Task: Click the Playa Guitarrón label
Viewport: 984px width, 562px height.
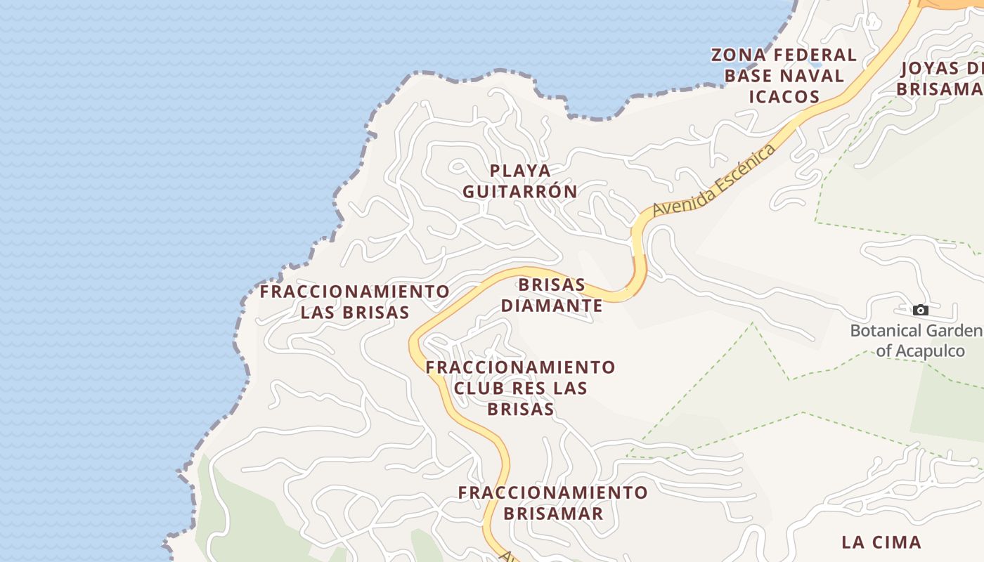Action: pyautogui.click(x=520, y=181)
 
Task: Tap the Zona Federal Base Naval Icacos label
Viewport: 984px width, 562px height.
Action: pyautogui.click(x=784, y=75)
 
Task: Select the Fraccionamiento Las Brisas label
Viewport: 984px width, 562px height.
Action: pyautogui.click(x=355, y=301)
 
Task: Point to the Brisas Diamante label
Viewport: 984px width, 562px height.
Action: pyautogui.click(x=552, y=295)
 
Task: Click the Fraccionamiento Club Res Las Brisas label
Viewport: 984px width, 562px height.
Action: pyautogui.click(x=520, y=388)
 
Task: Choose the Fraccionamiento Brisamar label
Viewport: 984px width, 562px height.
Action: pyautogui.click(x=552, y=502)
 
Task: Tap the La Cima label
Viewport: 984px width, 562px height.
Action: pyautogui.click(x=881, y=542)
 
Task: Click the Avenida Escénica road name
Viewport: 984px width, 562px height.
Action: pyautogui.click(x=714, y=180)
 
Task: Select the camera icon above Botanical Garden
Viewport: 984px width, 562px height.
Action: pyautogui.click(x=920, y=310)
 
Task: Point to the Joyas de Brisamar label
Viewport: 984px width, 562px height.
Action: pyautogui.click(x=942, y=79)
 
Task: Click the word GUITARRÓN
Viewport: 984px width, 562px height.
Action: pyautogui.click(x=520, y=191)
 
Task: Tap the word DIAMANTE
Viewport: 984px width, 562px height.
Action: pyautogui.click(x=552, y=306)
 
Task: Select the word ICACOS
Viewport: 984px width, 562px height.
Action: pyautogui.click(x=784, y=96)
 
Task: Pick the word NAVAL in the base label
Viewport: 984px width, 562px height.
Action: pyautogui.click(x=813, y=76)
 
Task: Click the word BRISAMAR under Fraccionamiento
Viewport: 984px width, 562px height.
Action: pyautogui.click(x=552, y=514)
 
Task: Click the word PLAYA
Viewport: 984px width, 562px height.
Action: pyautogui.click(x=520, y=170)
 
